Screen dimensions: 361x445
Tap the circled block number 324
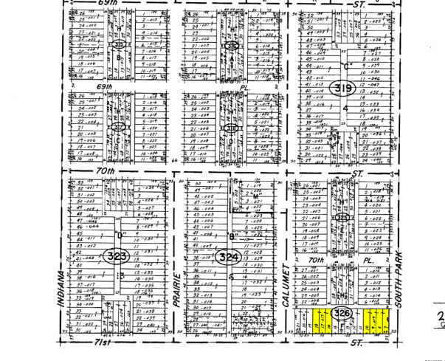(x=227, y=258)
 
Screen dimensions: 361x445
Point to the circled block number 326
(x=342, y=314)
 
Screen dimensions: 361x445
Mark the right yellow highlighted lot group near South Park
(x=376, y=320)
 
